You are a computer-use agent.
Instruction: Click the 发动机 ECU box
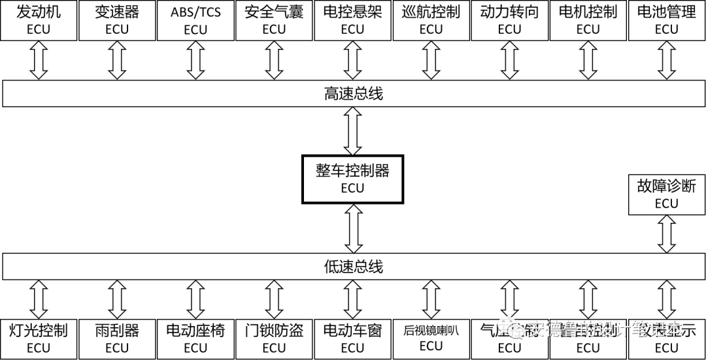pos(39,20)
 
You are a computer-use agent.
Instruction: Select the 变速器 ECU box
pos(117,20)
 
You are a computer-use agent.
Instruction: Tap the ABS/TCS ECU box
pos(195,20)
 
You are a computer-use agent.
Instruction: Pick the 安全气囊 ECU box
pos(274,20)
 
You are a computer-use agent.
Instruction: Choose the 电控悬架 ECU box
pos(352,20)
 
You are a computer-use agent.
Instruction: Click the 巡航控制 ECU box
pos(431,20)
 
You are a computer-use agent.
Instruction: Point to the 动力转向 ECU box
pos(509,20)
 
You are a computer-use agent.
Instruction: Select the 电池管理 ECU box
pos(666,20)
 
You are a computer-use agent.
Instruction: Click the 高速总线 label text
pos(353,94)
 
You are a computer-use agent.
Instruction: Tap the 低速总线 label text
pos(353,267)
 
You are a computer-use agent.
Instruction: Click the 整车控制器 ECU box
pos(352,178)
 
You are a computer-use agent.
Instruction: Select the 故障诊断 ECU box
pos(666,194)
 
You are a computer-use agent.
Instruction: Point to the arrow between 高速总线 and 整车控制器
pos(353,131)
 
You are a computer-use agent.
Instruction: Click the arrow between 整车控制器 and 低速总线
pos(353,228)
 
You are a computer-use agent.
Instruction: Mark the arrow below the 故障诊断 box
pos(666,234)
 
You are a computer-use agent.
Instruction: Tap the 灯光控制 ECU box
pos(39,338)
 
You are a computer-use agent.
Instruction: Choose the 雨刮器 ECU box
pos(117,338)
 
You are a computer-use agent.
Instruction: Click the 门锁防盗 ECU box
pos(274,338)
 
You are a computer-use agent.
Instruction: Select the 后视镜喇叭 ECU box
pos(431,338)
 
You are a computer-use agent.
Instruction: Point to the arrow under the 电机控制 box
pos(588,63)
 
